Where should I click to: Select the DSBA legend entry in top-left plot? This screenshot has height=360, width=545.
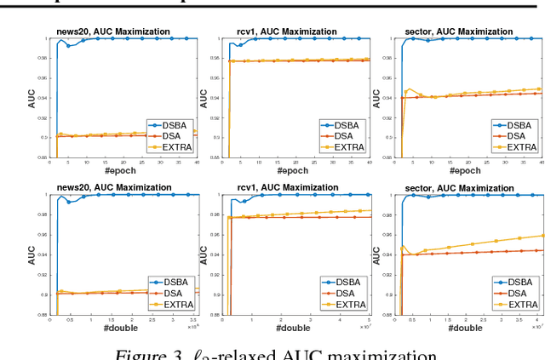(174, 124)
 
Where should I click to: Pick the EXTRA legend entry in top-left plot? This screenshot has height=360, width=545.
(175, 146)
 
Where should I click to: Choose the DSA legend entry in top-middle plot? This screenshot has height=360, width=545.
(344, 135)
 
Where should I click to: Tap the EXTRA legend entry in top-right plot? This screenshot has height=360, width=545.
(519, 146)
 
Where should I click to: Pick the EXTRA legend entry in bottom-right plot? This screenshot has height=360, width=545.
(519, 304)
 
